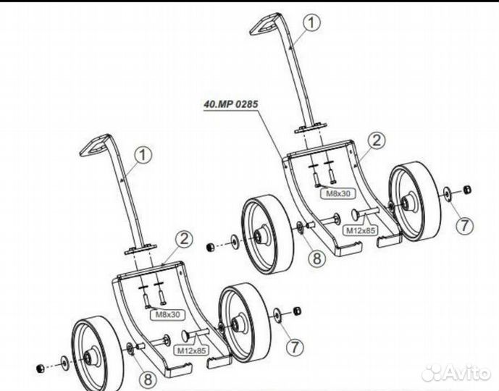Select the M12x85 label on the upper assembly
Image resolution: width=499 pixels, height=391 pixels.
[x=360, y=230]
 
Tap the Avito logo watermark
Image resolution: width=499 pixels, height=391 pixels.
[x=456, y=371]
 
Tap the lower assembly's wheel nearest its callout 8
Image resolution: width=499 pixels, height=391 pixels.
[x=91, y=353]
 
